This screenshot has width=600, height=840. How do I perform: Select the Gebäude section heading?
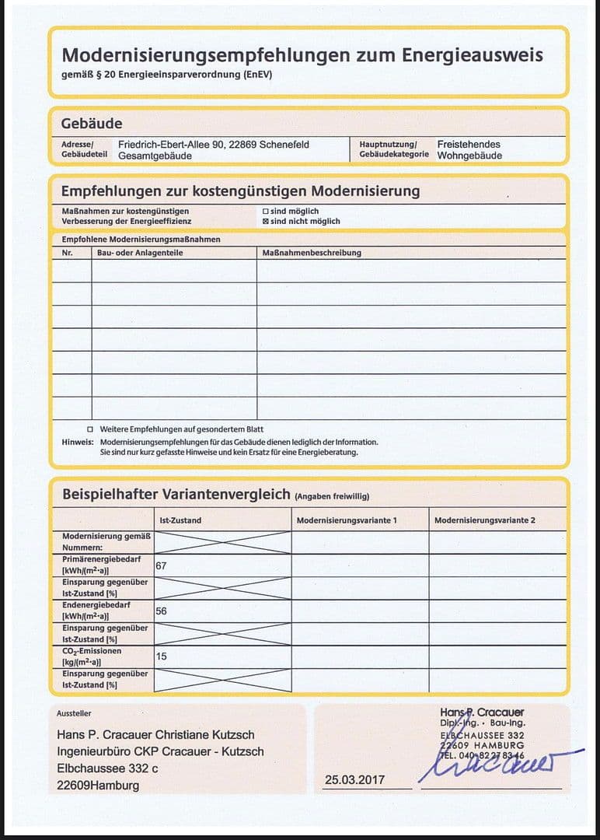pyautogui.click(x=92, y=124)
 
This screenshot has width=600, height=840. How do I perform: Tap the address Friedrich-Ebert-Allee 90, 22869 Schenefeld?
pyautogui.click(x=214, y=145)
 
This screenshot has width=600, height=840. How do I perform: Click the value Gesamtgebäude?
pyautogui.click(x=155, y=156)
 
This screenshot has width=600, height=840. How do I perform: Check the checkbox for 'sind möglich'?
pyautogui.click(x=266, y=211)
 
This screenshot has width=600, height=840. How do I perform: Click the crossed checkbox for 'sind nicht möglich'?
pyautogui.click(x=266, y=222)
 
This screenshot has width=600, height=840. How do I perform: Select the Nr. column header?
pyautogui.click(x=67, y=253)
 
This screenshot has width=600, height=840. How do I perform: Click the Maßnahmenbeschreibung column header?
pyautogui.click(x=312, y=253)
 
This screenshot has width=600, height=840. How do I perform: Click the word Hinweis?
pyautogui.click(x=78, y=442)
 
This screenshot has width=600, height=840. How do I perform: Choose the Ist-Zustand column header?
pyautogui.click(x=180, y=520)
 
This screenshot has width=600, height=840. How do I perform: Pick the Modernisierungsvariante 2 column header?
pyautogui.click(x=484, y=520)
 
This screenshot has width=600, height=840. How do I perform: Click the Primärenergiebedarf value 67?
pyautogui.click(x=161, y=565)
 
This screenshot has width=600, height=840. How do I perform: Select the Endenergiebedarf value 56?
pyautogui.click(x=161, y=611)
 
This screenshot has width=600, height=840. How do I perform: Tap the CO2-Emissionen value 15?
pyautogui.click(x=161, y=656)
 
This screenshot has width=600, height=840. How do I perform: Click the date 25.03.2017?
pyautogui.click(x=354, y=780)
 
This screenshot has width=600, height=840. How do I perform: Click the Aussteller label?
pyautogui.click(x=74, y=713)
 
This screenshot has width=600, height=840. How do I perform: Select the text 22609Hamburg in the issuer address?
pyautogui.click(x=98, y=786)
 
